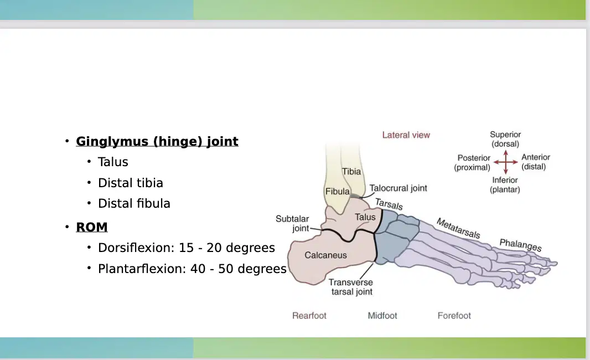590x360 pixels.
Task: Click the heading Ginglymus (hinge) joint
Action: [x=157, y=142]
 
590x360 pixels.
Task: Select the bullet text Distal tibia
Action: [x=131, y=183]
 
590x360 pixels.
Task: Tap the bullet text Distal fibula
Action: [x=134, y=203]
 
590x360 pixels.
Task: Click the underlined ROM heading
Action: [x=92, y=227]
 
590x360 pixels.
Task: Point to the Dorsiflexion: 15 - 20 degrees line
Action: [x=187, y=248]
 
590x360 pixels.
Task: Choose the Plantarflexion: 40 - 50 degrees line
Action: [x=192, y=269]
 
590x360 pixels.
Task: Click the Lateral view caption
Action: [x=406, y=135]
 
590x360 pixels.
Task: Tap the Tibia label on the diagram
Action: [x=351, y=172]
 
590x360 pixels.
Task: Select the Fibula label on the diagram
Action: [x=338, y=191]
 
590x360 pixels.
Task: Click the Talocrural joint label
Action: [x=398, y=188]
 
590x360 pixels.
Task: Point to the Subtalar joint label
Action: [x=292, y=224]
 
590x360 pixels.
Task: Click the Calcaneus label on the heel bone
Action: [x=325, y=255]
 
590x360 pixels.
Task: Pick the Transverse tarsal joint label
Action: [x=351, y=287]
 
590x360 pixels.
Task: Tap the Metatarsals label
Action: [x=458, y=229]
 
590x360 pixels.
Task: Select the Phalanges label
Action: [x=520, y=245]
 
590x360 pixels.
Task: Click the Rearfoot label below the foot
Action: [x=309, y=316]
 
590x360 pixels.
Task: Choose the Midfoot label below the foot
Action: [x=382, y=316]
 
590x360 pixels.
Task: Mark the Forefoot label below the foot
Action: [x=454, y=316]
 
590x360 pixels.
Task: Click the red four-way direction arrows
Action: [x=506, y=162]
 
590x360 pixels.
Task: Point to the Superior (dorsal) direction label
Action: [x=505, y=140]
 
